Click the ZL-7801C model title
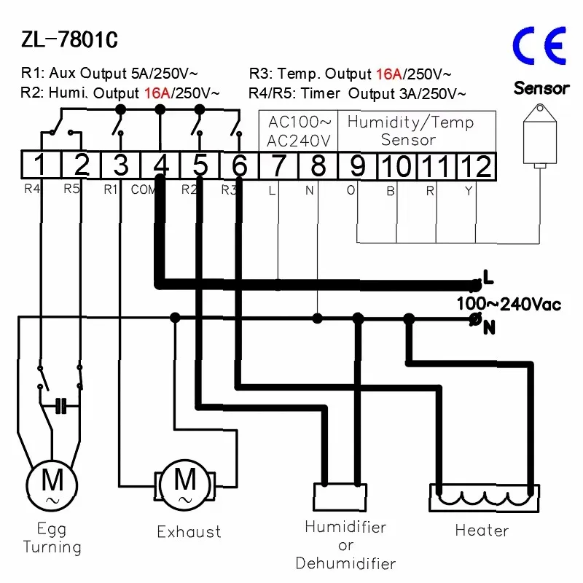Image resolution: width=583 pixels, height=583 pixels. tap(69, 39)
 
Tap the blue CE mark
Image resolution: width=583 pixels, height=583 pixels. tap(539, 46)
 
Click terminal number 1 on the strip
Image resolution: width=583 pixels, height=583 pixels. tap(41, 165)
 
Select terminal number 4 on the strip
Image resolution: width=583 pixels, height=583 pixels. tap(160, 165)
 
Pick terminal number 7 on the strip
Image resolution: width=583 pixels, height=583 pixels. tap(278, 165)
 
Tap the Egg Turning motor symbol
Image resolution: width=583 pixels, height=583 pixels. tap(52, 485)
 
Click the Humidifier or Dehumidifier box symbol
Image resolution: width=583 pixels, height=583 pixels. tap(340, 497)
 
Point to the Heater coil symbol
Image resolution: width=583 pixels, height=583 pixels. tap(484, 498)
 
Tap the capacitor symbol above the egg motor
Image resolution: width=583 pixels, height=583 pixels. tap(61, 406)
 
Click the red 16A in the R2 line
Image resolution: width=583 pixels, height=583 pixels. tap(157, 93)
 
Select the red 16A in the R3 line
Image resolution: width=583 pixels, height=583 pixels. tap(389, 74)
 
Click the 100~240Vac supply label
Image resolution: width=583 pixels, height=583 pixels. tap(509, 304)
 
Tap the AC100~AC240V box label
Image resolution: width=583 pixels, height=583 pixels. tap(299, 131)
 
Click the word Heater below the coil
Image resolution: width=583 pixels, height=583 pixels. tap(482, 531)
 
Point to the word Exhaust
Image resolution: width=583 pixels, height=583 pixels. tap(189, 532)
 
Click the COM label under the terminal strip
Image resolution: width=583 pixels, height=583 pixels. tap(143, 189)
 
